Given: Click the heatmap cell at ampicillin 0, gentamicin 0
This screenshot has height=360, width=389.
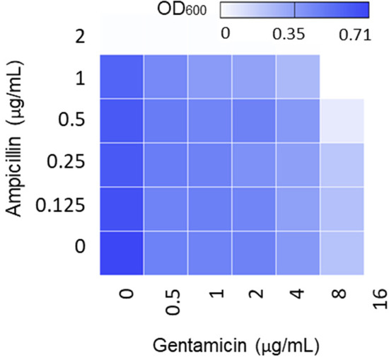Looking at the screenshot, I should (122, 252).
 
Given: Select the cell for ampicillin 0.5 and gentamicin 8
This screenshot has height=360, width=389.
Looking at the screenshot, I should (342, 121).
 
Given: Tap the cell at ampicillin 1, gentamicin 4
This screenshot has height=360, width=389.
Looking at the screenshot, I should (298, 76).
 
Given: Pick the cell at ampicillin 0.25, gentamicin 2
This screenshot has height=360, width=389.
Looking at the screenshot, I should (254, 165).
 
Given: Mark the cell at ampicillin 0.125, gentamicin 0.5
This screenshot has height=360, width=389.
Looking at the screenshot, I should (166, 209).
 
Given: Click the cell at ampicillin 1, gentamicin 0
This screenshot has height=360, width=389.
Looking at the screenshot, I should (122, 76).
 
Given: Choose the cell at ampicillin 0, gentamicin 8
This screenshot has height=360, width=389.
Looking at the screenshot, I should (342, 252).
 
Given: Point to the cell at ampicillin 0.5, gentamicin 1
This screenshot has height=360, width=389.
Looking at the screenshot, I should (210, 121).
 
